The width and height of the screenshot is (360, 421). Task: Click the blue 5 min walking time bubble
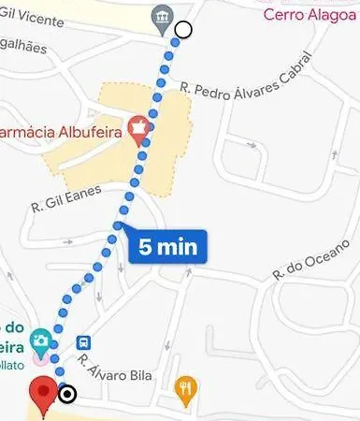coord(166,247)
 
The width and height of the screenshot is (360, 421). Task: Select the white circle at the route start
coord(183,30)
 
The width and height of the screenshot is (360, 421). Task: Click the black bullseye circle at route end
coord(67,394)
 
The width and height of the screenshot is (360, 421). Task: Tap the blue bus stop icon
coord(83,343)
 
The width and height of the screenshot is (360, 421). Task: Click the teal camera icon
coord(41,338)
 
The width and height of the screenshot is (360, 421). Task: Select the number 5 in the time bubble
coord(146,247)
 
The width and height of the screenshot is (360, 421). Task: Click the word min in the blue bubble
coord(177,247)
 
